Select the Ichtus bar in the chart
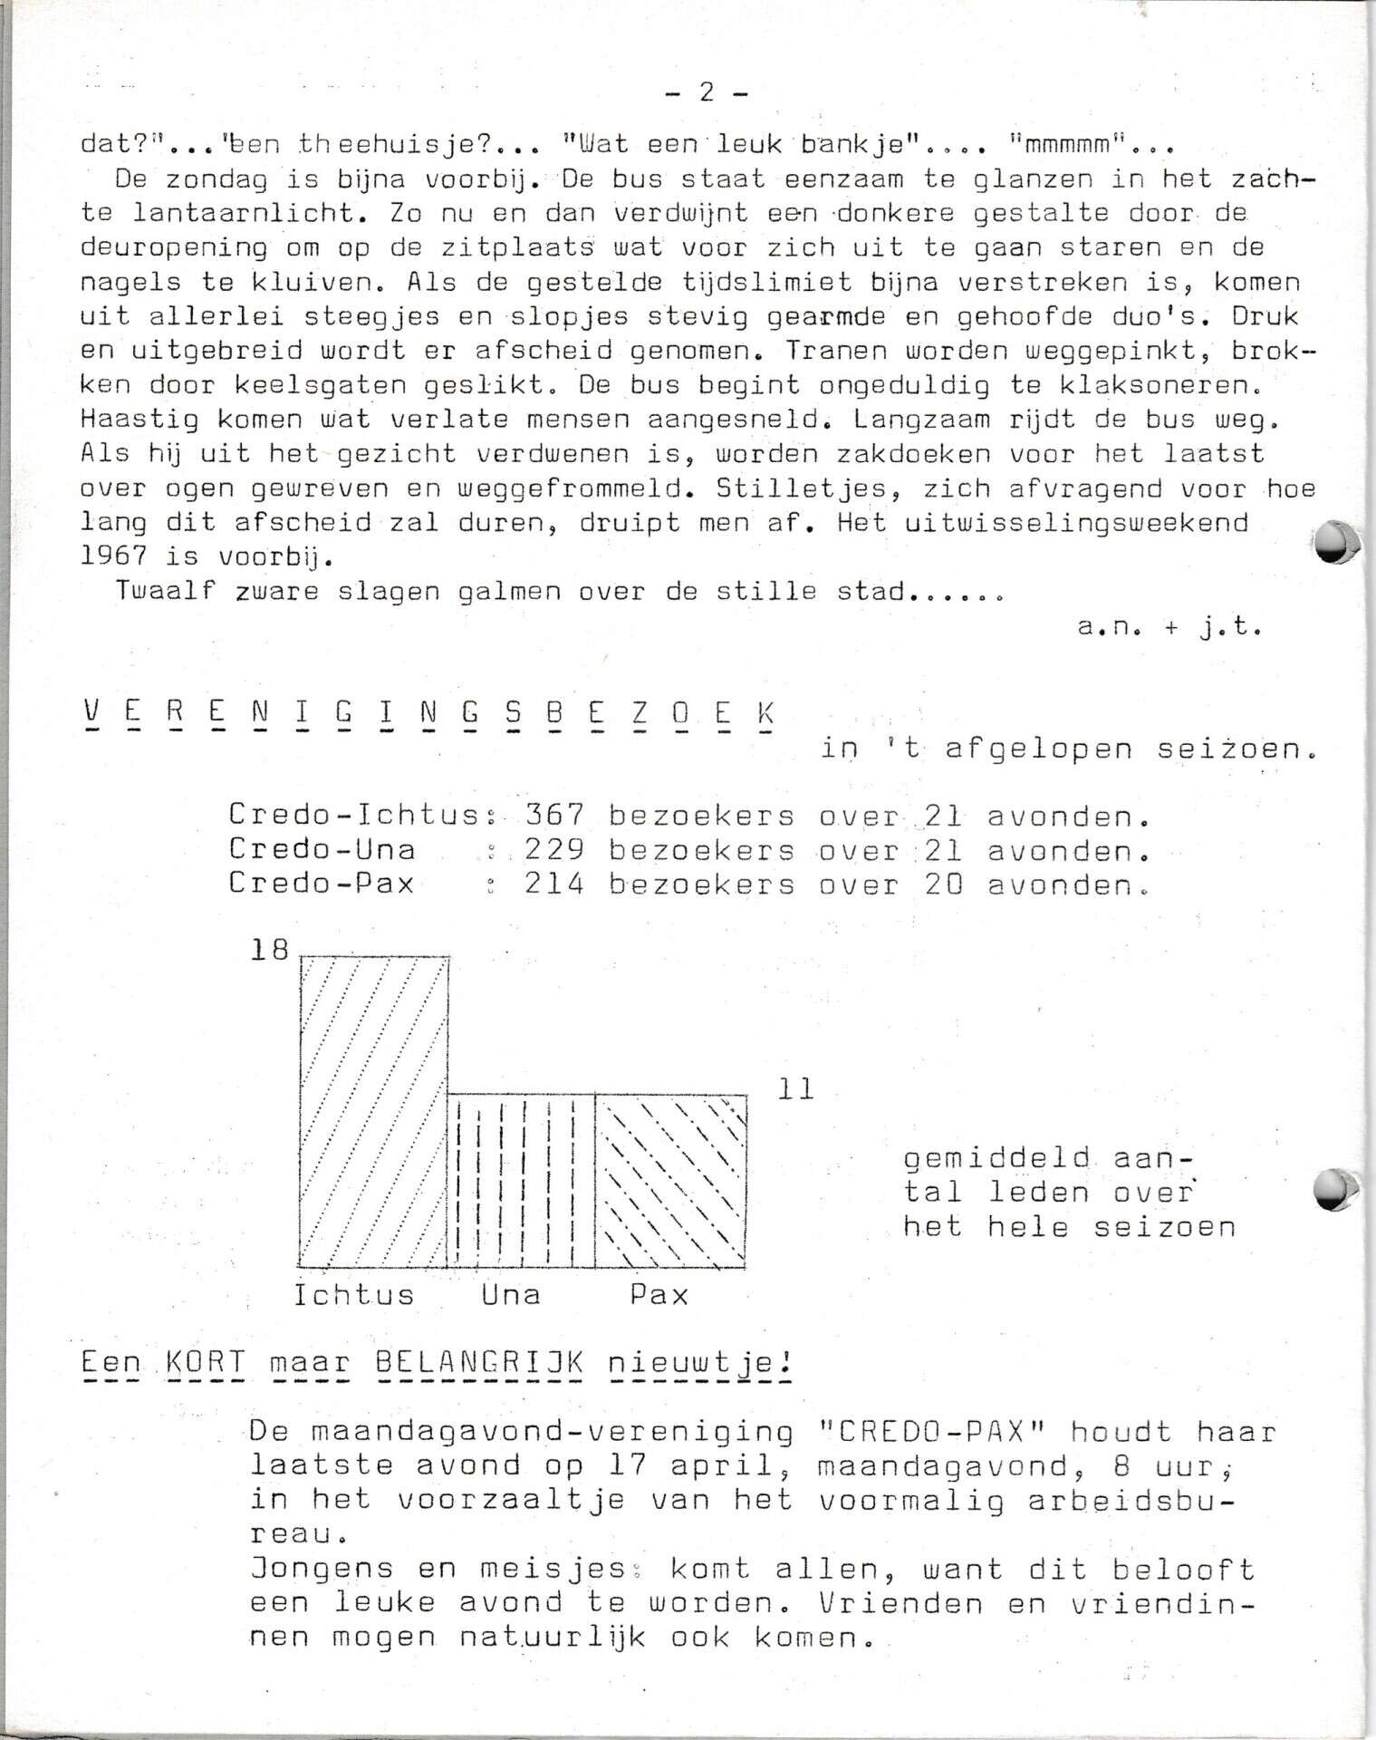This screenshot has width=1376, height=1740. click(x=373, y=1111)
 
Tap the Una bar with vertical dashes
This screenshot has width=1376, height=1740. click(x=521, y=1181)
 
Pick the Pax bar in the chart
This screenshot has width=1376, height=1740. click(x=670, y=1181)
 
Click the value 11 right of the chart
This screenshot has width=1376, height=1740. click(x=796, y=1089)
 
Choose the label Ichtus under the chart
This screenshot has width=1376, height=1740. click(x=353, y=1294)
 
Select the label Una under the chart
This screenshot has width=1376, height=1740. click(x=511, y=1294)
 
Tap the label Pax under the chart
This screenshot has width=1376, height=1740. click(x=659, y=1294)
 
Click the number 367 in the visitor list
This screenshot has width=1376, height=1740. click(x=554, y=816)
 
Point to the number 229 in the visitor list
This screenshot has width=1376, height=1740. click(x=554, y=850)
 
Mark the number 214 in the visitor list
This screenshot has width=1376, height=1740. click(x=554, y=884)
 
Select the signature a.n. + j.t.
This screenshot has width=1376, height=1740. click(x=1169, y=626)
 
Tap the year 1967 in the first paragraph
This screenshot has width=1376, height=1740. click(x=112, y=556)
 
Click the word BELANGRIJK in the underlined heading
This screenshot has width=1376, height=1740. click(x=479, y=1362)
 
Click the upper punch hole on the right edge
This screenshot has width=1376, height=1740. click(x=1335, y=542)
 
